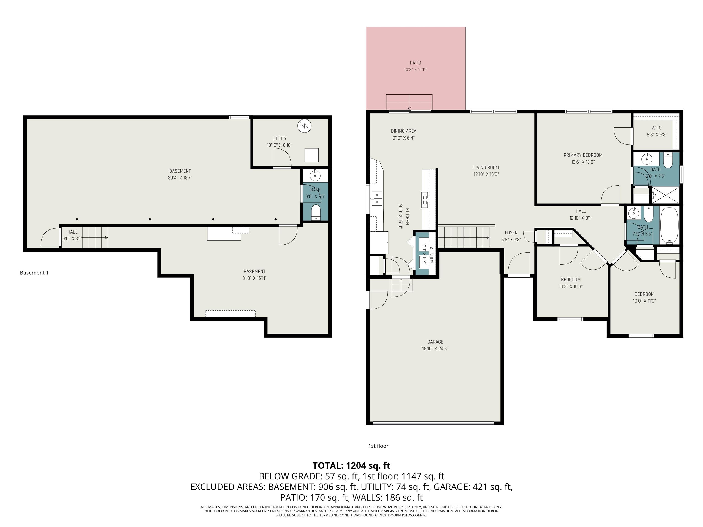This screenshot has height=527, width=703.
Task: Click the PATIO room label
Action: click(415, 63)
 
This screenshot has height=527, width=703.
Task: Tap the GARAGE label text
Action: click(435, 342)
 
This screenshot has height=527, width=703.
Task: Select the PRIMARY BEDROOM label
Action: click(583, 155)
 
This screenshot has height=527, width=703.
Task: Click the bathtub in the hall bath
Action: click(669, 226)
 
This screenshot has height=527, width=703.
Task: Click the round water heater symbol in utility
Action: click(304, 126)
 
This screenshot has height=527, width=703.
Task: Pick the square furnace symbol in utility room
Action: click(311, 155)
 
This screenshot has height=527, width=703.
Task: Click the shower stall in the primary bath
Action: click(665, 195)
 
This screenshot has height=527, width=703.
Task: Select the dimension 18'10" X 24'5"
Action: click(435, 349)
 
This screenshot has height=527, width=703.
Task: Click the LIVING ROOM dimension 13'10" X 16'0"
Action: click(486, 174)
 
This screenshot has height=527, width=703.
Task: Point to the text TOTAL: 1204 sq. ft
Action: click(351, 466)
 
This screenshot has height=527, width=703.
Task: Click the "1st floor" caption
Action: click(378, 446)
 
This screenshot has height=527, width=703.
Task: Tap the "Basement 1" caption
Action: click(34, 273)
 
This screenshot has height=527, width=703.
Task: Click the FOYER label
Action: click(511, 233)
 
